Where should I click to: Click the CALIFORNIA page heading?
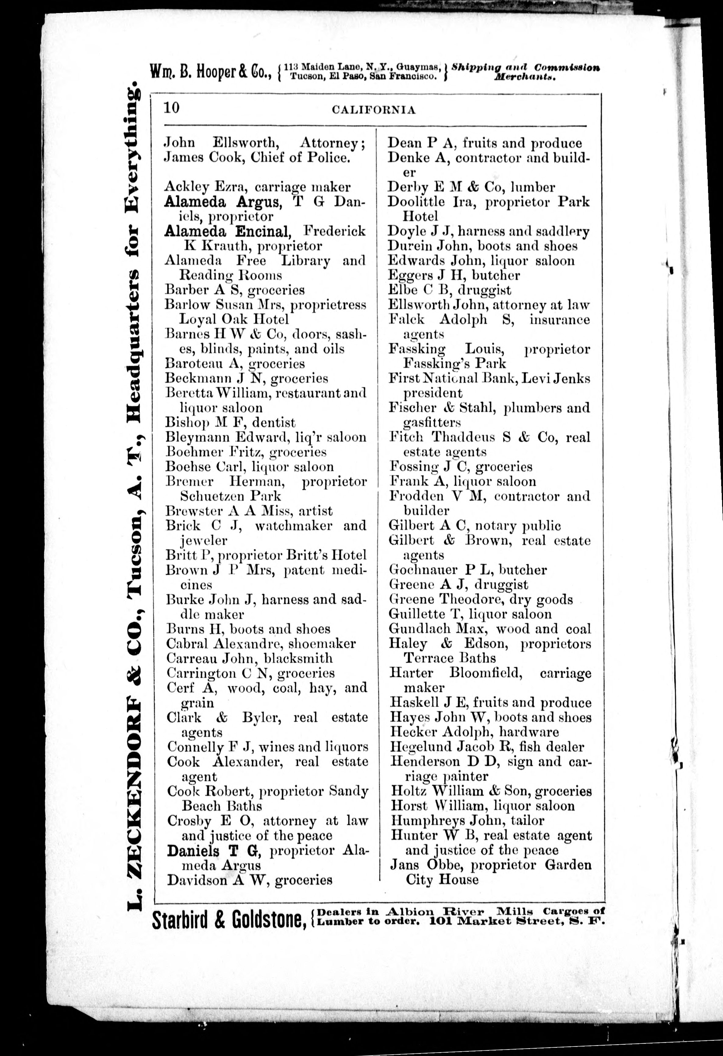[374, 110]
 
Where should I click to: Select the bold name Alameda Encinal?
[227, 231]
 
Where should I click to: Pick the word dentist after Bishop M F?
[274, 423]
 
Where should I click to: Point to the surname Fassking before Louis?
[417, 349]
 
